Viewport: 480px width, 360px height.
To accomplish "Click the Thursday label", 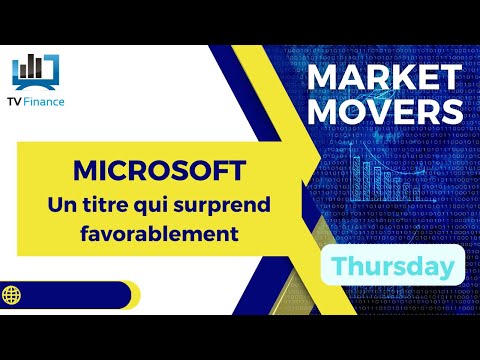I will tap(391, 266).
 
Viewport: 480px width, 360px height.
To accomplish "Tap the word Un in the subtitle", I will tap(63, 205).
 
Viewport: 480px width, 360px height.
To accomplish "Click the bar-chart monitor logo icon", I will tap(35, 67).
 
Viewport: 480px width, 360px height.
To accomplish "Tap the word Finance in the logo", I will tap(46, 101).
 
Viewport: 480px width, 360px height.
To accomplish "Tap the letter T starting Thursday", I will tap(337, 265).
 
